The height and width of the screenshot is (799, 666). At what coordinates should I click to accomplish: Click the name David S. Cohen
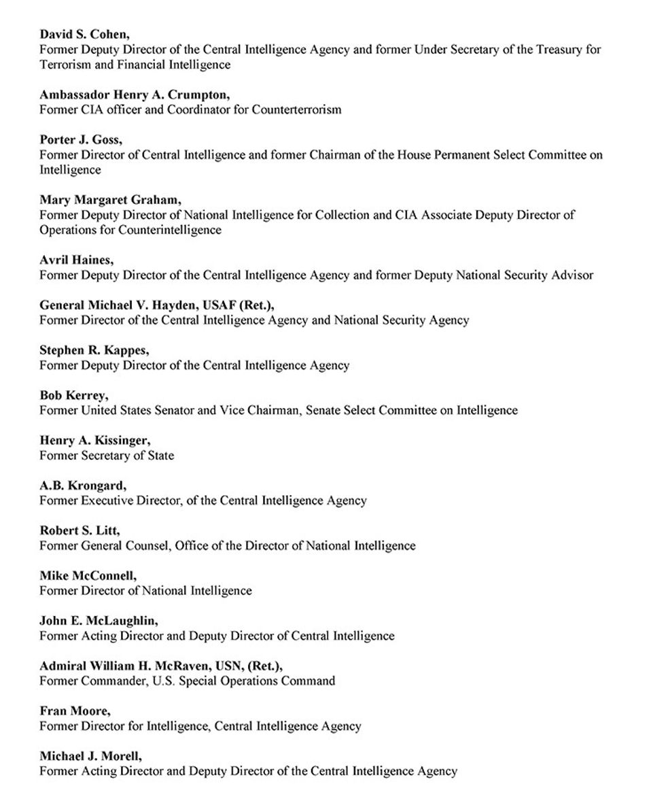click(83, 34)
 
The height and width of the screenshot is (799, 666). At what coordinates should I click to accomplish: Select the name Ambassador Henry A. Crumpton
click(134, 95)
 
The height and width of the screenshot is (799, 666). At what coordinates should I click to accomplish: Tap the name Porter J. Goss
click(80, 139)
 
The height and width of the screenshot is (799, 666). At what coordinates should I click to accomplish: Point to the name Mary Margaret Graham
click(109, 200)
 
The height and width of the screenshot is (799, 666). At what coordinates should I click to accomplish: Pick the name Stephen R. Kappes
click(94, 350)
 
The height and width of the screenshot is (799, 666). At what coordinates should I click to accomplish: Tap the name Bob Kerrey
click(73, 395)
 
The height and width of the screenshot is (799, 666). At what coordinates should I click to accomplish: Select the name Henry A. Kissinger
click(94, 440)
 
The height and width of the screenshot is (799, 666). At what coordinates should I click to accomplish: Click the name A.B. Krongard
click(82, 486)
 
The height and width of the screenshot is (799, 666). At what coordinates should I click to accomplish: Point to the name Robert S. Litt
click(80, 530)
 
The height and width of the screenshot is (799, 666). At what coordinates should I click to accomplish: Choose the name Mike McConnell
click(87, 575)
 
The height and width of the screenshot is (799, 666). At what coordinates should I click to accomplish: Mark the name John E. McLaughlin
click(99, 620)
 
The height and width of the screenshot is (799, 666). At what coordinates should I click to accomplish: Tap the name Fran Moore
click(74, 711)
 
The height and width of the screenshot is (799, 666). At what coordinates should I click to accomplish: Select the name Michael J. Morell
click(90, 755)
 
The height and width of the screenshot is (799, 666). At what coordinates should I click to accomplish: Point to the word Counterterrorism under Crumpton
click(296, 109)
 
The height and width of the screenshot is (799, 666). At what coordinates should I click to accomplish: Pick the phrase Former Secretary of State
click(107, 456)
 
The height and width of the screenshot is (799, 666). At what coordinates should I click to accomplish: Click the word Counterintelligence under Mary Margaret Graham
click(170, 230)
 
